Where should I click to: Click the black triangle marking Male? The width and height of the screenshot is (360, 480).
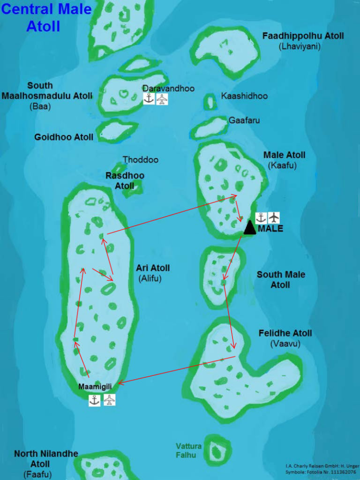pyautogui.click(x=250, y=228)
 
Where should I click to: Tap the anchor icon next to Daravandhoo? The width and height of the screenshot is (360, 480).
pyautogui.click(x=149, y=99)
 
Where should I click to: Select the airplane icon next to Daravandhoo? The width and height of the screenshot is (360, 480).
pyautogui.click(x=162, y=99)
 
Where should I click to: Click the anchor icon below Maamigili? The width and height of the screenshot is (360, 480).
pyautogui.click(x=95, y=400)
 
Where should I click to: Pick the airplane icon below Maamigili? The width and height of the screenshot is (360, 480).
pyautogui.click(x=109, y=400)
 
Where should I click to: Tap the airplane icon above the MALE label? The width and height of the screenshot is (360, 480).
pyautogui.click(x=274, y=217)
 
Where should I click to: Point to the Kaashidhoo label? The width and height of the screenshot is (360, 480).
pyautogui.click(x=244, y=96)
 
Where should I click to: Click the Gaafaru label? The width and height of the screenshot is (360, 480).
pyautogui.click(x=244, y=120)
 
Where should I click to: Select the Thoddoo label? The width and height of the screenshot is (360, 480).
pyautogui.click(x=141, y=160)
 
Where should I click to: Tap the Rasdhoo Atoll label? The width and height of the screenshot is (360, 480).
pyautogui.click(x=125, y=180)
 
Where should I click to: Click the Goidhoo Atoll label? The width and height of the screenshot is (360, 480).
pyautogui.click(x=64, y=137)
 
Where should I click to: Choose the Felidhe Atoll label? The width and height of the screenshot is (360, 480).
pyautogui.click(x=285, y=333)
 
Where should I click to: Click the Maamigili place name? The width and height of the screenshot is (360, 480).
pyautogui.click(x=97, y=387)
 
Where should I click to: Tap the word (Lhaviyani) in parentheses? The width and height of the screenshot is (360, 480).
pyautogui.click(x=299, y=46)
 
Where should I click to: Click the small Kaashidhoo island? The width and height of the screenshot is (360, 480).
pyautogui.click(x=210, y=101)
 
